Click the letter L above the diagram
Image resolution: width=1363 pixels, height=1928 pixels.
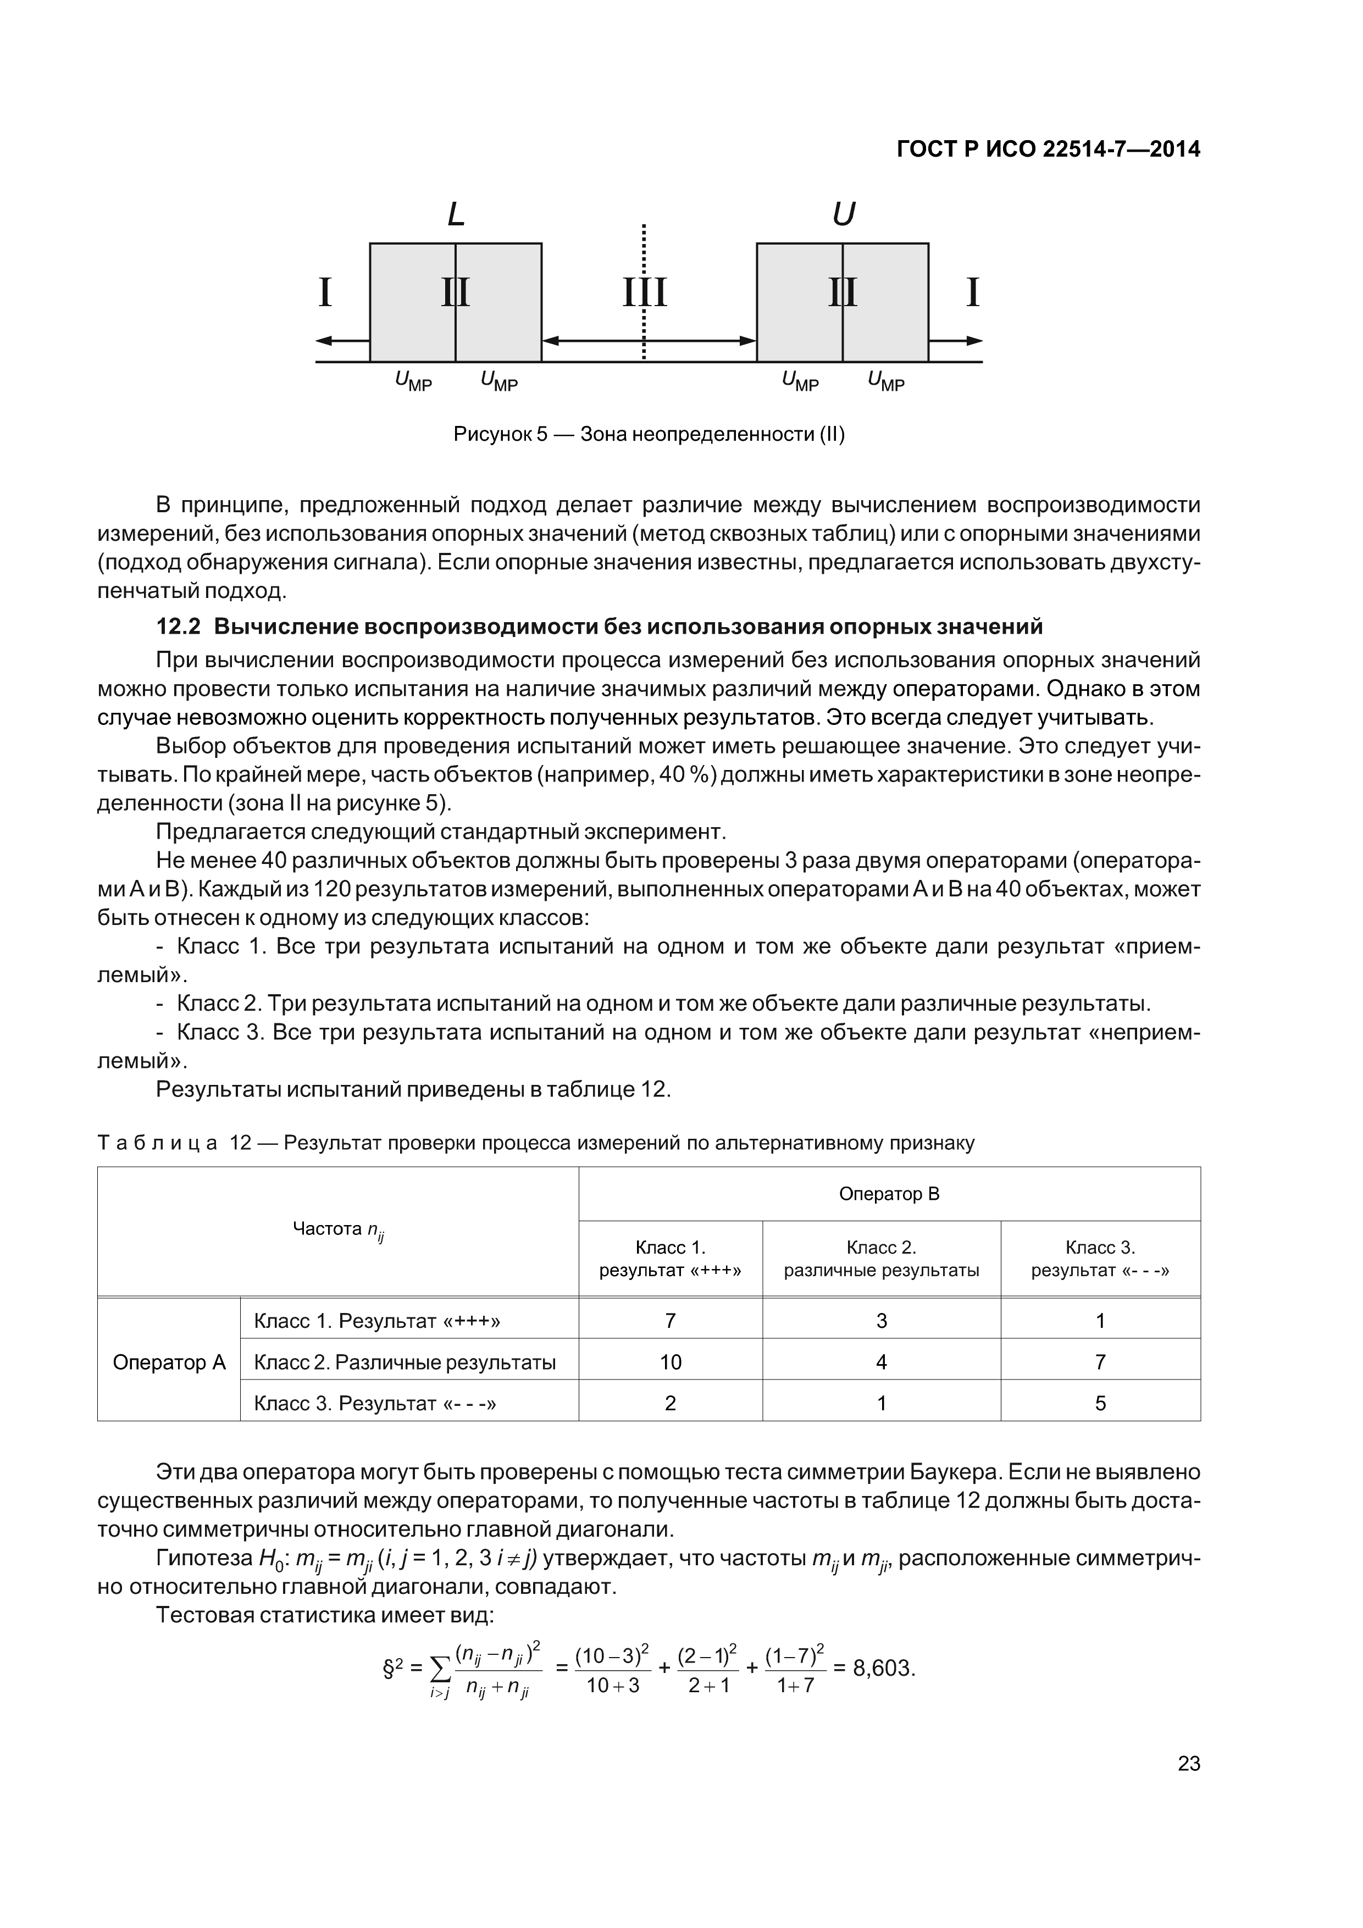[456, 215]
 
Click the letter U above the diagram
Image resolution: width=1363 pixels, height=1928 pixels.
[843, 215]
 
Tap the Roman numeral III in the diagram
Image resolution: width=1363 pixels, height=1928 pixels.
[644, 293]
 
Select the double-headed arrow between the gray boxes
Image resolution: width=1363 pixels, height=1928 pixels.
[649, 341]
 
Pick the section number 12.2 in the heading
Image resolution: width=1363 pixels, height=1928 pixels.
[179, 627]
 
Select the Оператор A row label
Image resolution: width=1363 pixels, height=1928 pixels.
[169, 1362]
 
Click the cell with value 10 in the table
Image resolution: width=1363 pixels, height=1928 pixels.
[670, 1362]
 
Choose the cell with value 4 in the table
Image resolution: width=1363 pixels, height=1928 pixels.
[881, 1362]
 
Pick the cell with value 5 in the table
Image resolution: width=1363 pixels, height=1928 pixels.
[1100, 1403]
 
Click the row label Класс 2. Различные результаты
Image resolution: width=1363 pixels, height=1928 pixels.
[405, 1362]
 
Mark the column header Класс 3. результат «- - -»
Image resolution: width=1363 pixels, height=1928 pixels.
[1100, 1259]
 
